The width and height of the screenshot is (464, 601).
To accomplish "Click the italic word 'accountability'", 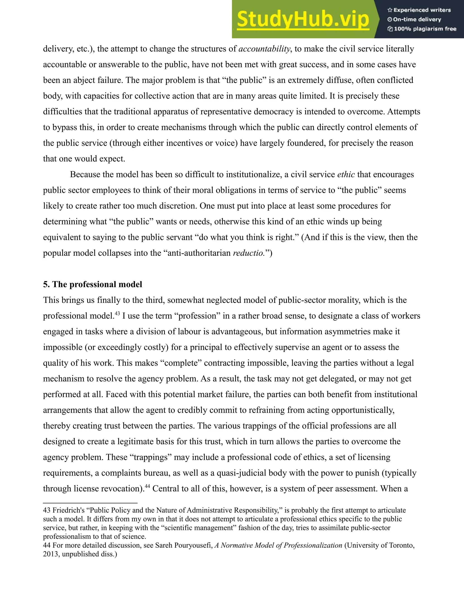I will click(264, 49).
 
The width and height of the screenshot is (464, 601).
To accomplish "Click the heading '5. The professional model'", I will click(93, 284).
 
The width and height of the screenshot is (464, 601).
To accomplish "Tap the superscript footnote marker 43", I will click(117, 313).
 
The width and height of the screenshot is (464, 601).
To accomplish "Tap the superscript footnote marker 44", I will click(147, 486).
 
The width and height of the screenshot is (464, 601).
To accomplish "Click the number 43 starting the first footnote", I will click(47, 511).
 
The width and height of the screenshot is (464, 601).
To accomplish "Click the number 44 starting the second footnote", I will click(47, 545).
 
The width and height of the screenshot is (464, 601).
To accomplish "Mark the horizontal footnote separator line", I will click(90, 503).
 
